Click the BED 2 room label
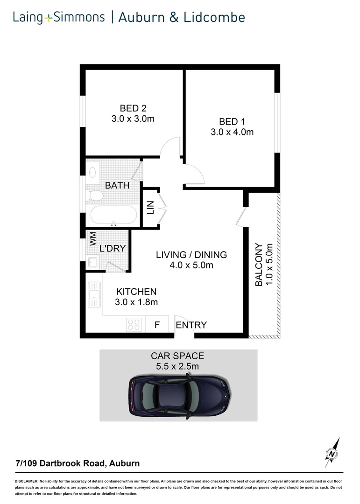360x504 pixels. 133,108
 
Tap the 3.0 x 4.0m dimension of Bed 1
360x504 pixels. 232,132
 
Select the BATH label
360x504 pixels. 117,185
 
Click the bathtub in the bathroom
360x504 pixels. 113,215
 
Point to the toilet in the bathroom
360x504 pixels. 96,196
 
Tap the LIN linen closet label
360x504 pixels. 150,208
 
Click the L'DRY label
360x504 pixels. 113,248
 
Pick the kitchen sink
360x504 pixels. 94,296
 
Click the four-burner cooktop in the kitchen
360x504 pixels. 134,324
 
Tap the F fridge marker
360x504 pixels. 157,325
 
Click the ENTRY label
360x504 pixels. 191,325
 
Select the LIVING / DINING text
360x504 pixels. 191,255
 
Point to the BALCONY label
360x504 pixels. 258,264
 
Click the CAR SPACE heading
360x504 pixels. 177,356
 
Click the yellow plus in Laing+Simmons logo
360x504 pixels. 49,19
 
